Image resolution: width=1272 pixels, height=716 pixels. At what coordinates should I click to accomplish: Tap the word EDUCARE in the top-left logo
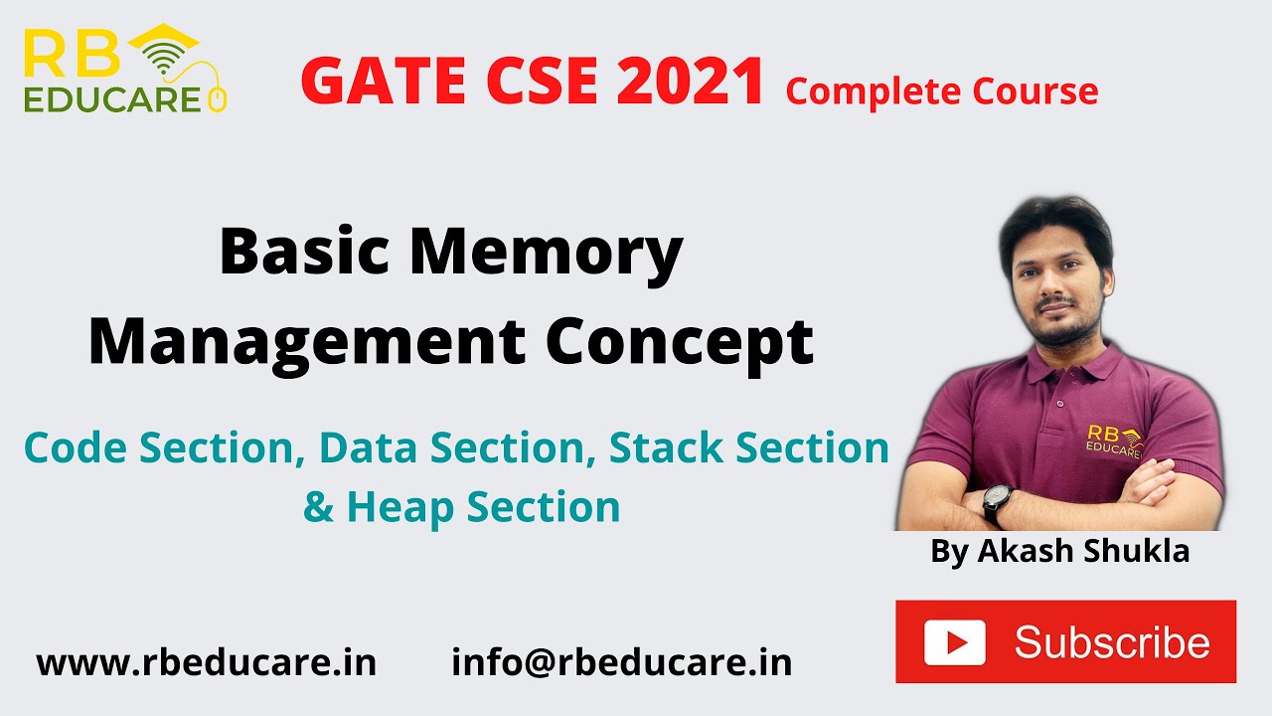111,98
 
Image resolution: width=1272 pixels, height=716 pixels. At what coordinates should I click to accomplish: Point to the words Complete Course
941,91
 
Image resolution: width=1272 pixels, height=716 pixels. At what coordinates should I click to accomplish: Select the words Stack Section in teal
748,447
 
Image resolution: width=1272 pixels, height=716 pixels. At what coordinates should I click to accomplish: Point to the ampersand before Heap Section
318,507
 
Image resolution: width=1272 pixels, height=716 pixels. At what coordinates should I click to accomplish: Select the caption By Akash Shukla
1059,551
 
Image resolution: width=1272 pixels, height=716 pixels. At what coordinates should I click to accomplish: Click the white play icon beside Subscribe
954,641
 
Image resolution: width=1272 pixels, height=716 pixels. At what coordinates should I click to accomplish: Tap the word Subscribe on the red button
1112,642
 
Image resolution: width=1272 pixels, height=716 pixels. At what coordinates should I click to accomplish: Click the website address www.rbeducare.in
207,662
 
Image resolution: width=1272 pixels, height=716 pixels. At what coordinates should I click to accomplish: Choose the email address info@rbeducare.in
621,662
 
